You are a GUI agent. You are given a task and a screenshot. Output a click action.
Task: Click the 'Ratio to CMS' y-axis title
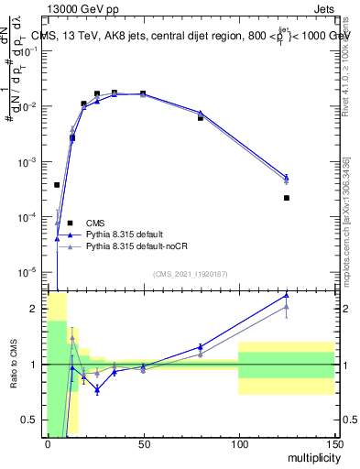[x=15, y=363]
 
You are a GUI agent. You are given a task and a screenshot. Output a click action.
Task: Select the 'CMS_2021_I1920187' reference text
[x=190, y=274]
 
